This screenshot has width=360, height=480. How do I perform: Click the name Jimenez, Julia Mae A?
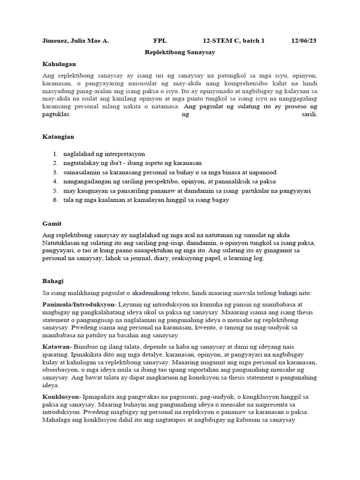tap(75, 41)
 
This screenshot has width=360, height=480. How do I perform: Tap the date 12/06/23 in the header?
tap(304, 41)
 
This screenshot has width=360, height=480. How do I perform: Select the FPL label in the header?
tap(160, 41)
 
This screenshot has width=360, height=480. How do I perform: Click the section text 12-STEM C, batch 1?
tap(234, 41)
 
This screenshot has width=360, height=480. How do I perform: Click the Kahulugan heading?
tap(59, 64)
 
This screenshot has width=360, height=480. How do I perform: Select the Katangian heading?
tap(58, 137)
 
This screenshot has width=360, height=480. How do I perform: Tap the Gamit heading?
tap(52, 224)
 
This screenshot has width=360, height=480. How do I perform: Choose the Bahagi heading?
tap(53, 281)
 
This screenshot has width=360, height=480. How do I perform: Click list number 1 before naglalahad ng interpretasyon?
tap(55, 154)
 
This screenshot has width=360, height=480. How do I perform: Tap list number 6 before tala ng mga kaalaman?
tap(55, 200)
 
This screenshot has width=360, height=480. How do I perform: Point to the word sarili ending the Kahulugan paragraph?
tap(309, 114)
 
